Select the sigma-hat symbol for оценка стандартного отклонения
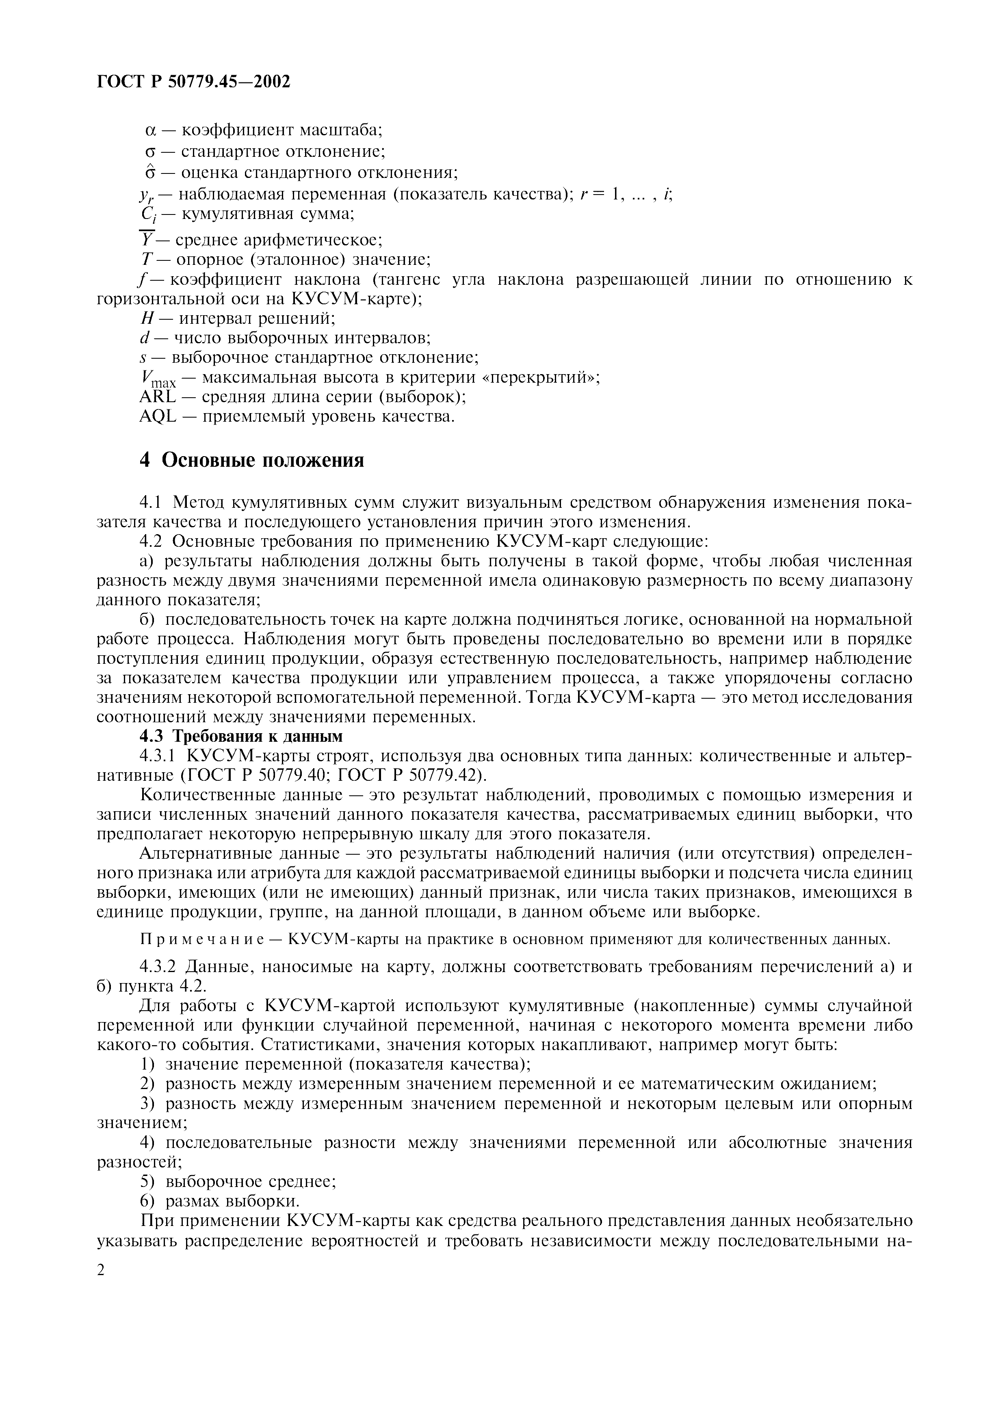pos(149,172)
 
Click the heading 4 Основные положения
pos(252,461)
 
